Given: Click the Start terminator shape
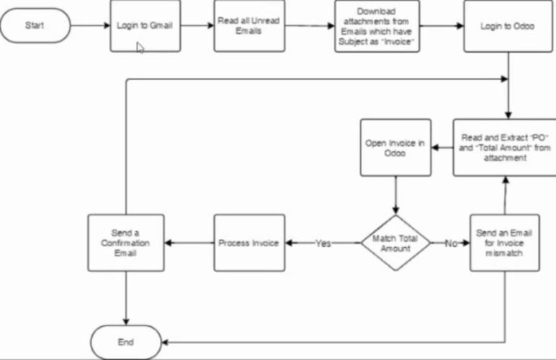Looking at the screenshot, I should pyautogui.click(x=35, y=26).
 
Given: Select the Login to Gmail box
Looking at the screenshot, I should pyautogui.click(x=145, y=26).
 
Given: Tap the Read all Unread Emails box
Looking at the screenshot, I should pyautogui.click(x=248, y=26).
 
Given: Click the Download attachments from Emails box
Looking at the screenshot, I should pyautogui.click(x=377, y=26).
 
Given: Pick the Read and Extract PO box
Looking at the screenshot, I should pyautogui.click(x=504, y=148).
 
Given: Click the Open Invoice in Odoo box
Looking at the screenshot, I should pyautogui.click(x=395, y=148).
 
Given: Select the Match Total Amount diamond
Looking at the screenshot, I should pyautogui.click(x=395, y=243).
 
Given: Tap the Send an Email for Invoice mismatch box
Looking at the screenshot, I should pyautogui.click(x=504, y=243).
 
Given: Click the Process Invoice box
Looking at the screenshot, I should pyautogui.click(x=248, y=243).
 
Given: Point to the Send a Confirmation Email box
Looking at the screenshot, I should pyautogui.click(x=126, y=243).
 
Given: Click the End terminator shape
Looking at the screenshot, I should pyautogui.click(x=126, y=342).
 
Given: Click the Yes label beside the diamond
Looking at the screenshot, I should pyautogui.click(x=323, y=243).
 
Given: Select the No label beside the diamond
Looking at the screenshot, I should pyautogui.click(x=451, y=243).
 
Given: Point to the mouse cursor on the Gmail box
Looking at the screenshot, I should pyautogui.click(x=140, y=47).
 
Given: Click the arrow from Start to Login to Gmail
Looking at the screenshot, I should pyautogui.click(x=90, y=26).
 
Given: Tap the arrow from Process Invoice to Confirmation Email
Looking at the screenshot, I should pyautogui.click(x=189, y=243).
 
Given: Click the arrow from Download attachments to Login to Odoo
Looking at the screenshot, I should pyautogui.click(x=441, y=26).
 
